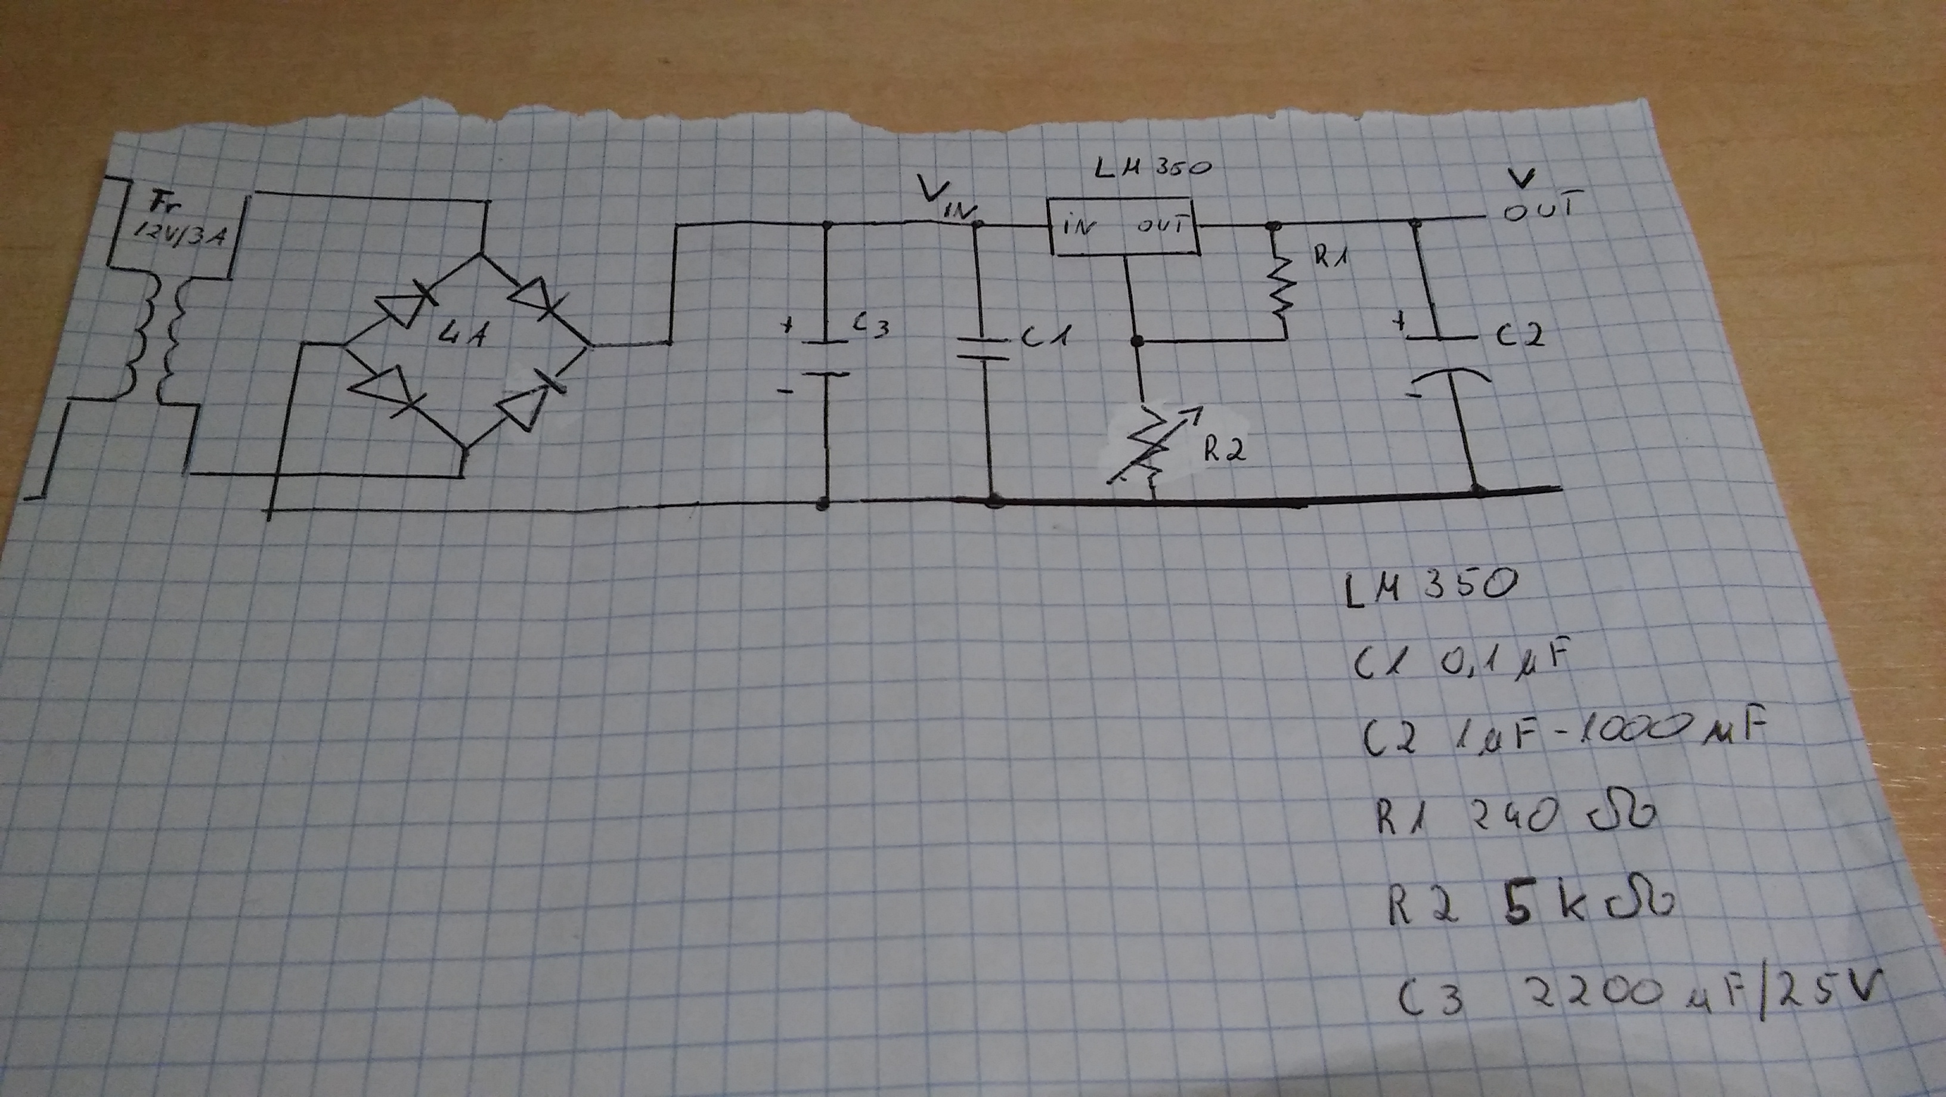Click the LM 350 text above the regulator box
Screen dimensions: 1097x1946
coord(1154,168)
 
